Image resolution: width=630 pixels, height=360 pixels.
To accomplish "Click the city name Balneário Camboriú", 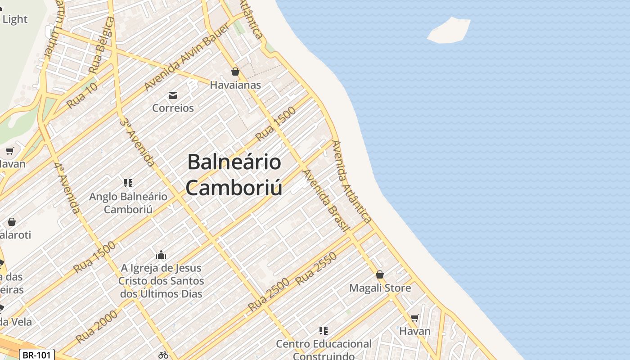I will (234, 175).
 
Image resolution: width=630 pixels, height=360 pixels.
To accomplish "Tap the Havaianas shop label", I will (235, 85).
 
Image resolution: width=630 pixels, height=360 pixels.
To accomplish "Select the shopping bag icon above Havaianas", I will (235, 72).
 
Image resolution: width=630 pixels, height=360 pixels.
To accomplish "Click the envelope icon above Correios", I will (173, 95).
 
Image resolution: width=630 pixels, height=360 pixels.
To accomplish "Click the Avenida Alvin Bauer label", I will (187, 57).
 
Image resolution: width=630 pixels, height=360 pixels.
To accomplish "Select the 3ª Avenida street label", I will (138, 142).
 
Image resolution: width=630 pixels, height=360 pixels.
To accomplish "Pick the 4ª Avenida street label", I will (67, 188).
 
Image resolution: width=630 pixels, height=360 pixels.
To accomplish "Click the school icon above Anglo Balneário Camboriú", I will (128, 183).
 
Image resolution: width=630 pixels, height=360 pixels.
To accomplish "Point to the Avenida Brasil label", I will (326, 200).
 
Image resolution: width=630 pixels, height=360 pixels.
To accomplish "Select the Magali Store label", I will (380, 288).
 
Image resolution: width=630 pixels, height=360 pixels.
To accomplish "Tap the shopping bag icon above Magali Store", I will (380, 274).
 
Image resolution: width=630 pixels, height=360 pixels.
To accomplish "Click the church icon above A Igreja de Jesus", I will (161, 255).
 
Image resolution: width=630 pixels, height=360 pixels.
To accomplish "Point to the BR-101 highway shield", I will (37, 355).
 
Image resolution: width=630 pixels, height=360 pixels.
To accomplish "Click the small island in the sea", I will (449, 31).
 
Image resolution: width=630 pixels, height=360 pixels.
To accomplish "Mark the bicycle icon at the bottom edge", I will (163, 355).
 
